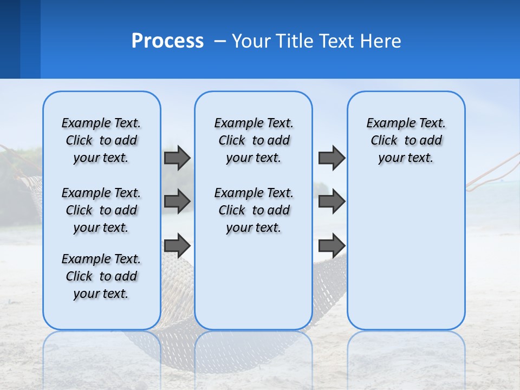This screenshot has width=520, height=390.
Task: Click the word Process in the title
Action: coord(167,41)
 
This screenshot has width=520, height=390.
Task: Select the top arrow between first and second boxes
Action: coord(177,158)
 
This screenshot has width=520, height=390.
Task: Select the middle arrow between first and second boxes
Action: coord(177,201)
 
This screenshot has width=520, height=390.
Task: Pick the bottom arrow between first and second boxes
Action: coord(177,245)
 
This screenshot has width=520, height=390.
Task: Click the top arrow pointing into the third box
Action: coord(331,158)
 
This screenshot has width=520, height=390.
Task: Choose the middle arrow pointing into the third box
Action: coord(331,201)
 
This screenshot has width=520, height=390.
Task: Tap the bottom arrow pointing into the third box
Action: coord(331,245)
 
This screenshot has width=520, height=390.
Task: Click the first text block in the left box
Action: coord(101,140)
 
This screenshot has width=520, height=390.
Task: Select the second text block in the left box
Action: coord(101,210)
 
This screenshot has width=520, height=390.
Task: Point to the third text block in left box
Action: coord(101,276)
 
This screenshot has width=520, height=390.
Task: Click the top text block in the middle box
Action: coord(253,140)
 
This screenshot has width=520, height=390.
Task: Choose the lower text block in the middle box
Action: coord(253,210)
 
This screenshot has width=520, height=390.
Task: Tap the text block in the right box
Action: coord(406,140)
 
